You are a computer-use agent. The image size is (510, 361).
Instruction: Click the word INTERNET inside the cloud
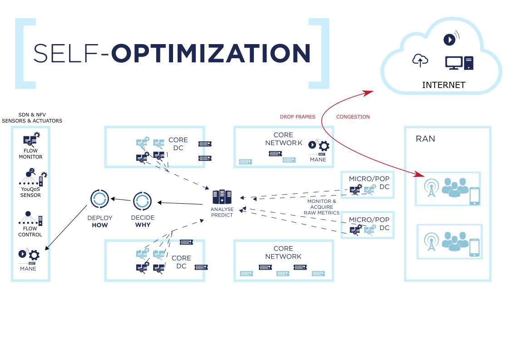tap(444, 85)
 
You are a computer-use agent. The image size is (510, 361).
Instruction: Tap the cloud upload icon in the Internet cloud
tap(420, 60)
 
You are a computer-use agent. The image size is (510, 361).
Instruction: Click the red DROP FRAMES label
tap(297, 117)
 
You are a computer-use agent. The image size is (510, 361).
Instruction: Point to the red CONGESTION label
tap(353, 117)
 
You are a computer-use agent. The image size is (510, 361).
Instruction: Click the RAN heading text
tap(426, 139)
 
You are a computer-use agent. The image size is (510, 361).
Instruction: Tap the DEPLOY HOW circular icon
tap(99, 199)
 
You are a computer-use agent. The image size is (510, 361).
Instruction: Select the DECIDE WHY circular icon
tap(143, 201)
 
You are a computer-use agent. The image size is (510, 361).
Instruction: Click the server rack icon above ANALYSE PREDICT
tap(222, 197)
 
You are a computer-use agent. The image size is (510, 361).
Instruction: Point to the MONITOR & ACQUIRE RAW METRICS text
tap(322, 207)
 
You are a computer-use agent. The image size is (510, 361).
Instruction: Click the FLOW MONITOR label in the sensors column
tap(30, 154)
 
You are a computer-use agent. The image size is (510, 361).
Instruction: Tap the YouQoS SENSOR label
tap(30, 192)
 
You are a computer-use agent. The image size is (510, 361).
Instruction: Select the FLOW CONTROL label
tap(30, 231)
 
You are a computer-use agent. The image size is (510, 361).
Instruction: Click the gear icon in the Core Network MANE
tap(324, 146)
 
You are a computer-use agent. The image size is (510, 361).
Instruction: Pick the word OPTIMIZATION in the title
tap(211, 53)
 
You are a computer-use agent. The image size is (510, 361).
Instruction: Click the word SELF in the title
tap(66, 53)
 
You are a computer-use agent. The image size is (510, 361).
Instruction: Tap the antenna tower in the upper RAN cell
tap(431, 188)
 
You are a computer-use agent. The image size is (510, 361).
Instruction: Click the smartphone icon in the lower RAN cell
tap(475, 248)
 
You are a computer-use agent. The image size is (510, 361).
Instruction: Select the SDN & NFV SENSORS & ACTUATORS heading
tap(32, 118)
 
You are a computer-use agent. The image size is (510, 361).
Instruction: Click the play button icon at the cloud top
tap(449, 40)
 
